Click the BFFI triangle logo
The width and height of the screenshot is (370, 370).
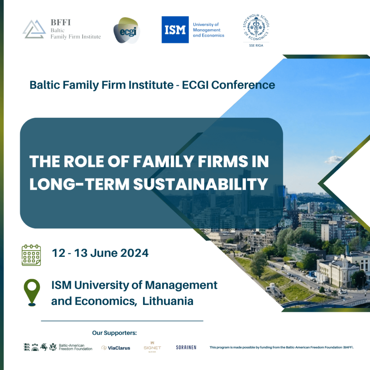coord(34,29)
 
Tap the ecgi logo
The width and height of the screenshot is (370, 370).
coord(126,30)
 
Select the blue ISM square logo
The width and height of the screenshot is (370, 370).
coord(175,30)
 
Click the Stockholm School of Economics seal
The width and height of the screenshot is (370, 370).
coord(256,29)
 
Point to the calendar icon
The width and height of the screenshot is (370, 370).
coord(31,255)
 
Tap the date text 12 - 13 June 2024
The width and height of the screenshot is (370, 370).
coord(100,253)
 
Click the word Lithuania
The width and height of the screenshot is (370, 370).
coord(168,301)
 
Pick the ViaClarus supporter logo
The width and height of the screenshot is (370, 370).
coord(116,348)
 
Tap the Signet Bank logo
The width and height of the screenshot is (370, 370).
coord(152,347)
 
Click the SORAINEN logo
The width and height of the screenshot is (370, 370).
coord(186,347)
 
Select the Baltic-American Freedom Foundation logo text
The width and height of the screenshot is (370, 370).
coord(75,347)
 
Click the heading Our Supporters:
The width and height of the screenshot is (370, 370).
coord(114,333)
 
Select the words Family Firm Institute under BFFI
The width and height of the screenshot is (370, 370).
coord(76,36)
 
